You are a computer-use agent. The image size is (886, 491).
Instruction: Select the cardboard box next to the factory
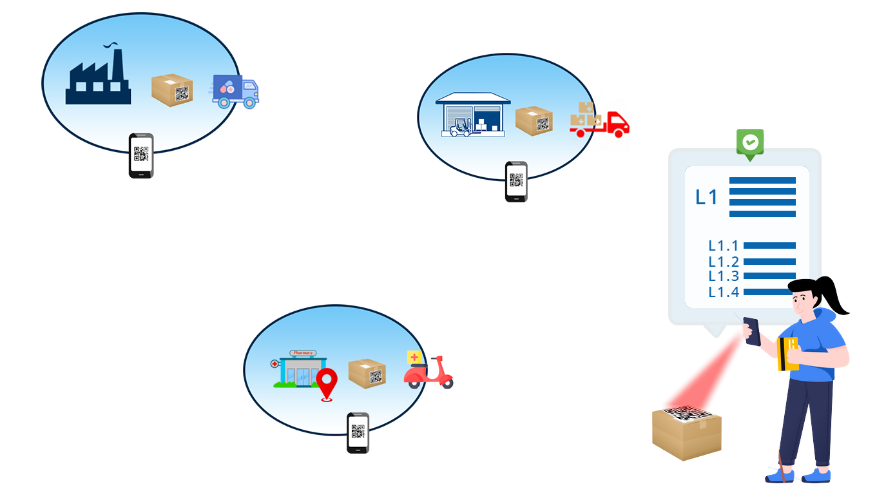(172, 90)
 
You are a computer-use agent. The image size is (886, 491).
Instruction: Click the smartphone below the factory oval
(141, 155)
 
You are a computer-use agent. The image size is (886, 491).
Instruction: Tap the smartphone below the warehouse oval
(516, 181)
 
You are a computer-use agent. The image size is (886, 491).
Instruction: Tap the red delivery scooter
(429, 372)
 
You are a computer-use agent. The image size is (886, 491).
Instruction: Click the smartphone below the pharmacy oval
(358, 432)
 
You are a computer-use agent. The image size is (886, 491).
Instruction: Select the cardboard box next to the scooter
(367, 373)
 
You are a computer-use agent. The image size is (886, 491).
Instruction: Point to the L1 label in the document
(707, 197)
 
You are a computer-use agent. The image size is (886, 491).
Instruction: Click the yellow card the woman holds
(787, 354)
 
